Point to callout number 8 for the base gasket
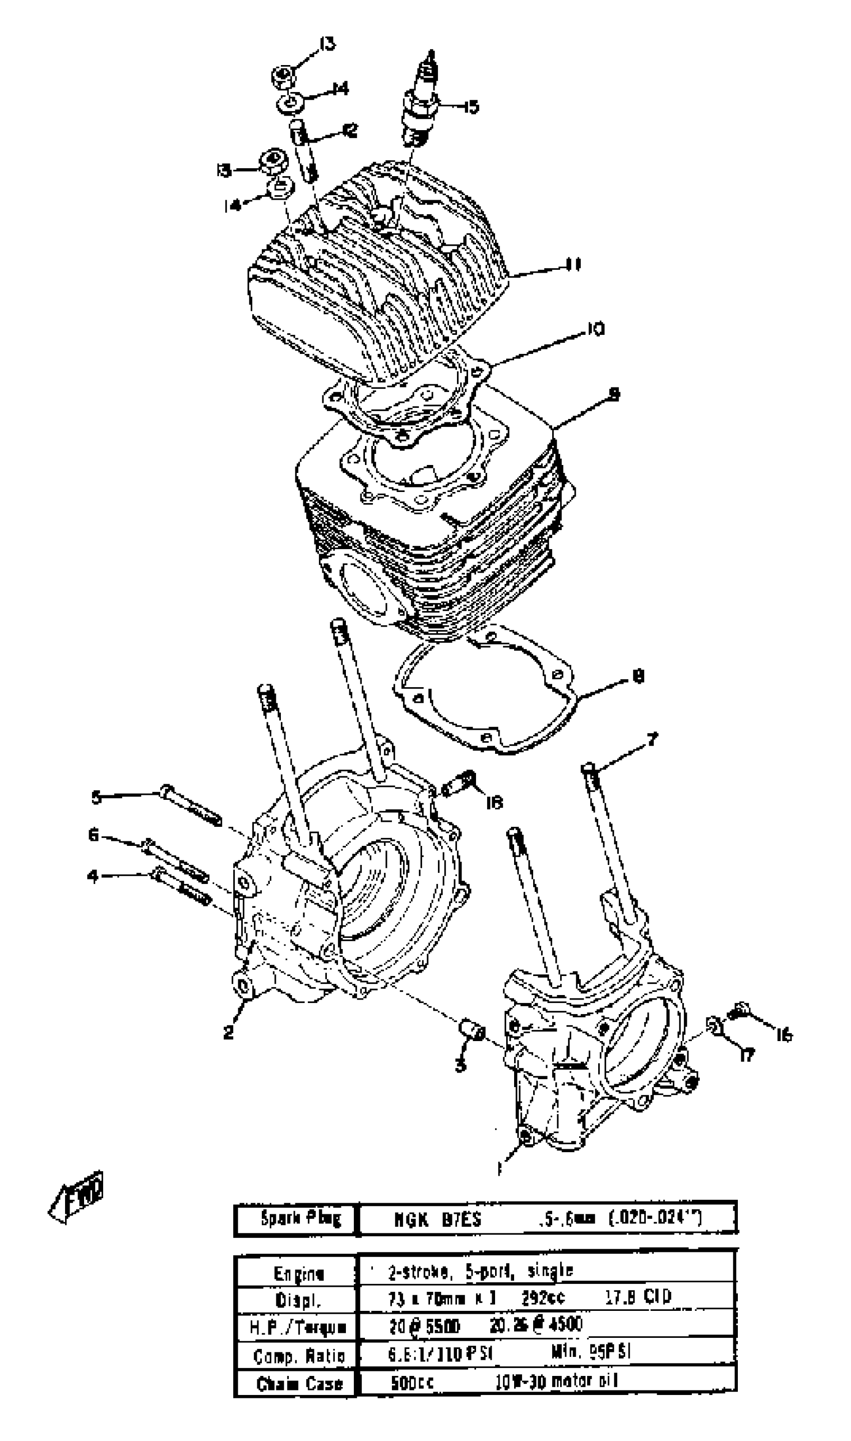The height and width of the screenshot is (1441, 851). [x=638, y=677]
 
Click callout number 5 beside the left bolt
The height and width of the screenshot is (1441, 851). [x=96, y=797]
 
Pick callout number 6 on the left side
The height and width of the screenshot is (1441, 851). [x=94, y=835]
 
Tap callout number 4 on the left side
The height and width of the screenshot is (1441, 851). [x=92, y=876]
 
